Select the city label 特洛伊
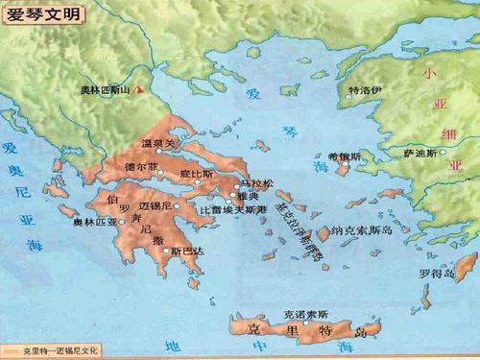369,92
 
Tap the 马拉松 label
257,181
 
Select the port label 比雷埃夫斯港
232,208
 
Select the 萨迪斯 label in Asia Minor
422,152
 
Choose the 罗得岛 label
435,273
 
